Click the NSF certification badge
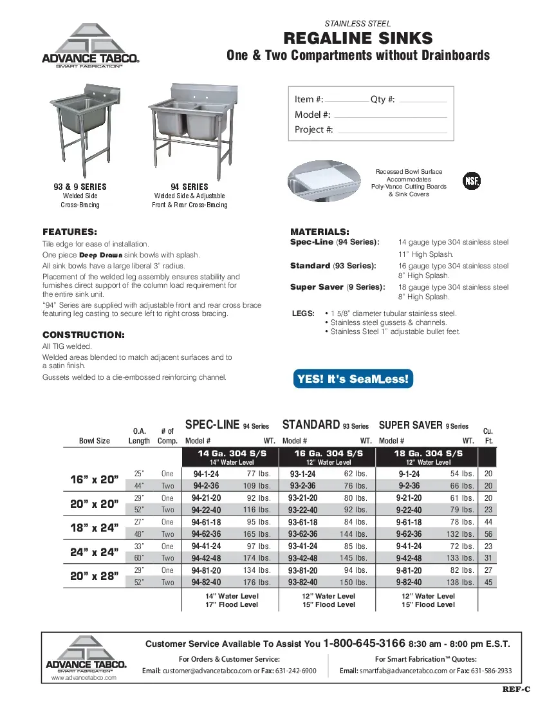pos(472,180)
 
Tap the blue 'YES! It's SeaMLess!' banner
pos(353,379)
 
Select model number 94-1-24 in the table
pos(206,474)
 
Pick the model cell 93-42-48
pos(302,558)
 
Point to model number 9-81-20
pos(409,570)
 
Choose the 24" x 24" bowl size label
pos(94,552)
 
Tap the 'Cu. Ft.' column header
pos(487,436)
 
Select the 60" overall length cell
pos(138,558)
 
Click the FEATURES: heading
pos(70,232)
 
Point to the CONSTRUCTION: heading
pos(83,335)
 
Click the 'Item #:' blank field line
pos(347,102)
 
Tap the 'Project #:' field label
pos(314,129)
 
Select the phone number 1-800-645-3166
pos(364,643)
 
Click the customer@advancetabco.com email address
pos(207,671)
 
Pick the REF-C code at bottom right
pos(516,689)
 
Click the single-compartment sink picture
pos(84,126)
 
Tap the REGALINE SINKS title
pos(358,38)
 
